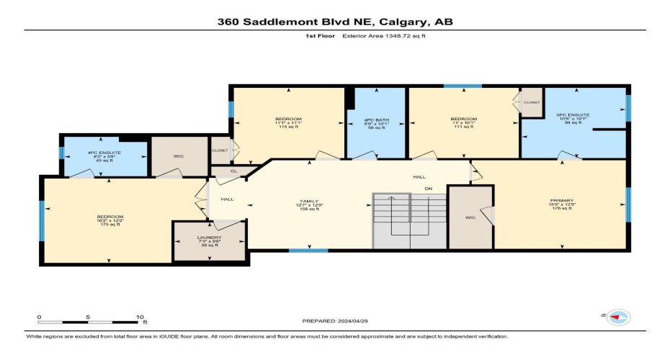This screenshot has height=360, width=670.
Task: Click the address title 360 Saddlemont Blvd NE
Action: pyautogui.click(x=335, y=22)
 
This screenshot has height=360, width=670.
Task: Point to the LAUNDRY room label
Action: pyautogui.click(x=210, y=238)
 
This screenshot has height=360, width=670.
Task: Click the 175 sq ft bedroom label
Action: pyautogui.click(x=110, y=217)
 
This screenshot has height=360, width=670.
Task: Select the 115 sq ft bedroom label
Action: pyautogui.click(x=288, y=119)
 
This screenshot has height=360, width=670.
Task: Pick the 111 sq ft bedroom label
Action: pyautogui.click(x=463, y=119)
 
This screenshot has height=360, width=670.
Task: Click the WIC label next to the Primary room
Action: pyautogui.click(x=470, y=217)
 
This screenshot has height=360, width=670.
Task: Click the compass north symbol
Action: pyautogui.click(x=617, y=316)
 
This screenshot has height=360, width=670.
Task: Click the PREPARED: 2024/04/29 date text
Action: pyautogui.click(x=335, y=322)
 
